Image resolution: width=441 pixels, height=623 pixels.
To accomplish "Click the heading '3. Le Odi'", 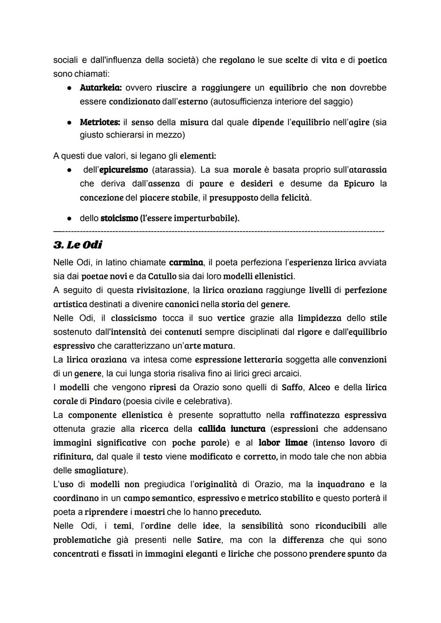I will [78, 245].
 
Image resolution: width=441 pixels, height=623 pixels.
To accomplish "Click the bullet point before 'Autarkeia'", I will [70, 88].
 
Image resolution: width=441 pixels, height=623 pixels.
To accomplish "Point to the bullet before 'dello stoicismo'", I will [70, 219].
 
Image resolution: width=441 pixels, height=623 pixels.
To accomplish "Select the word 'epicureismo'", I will [123, 170].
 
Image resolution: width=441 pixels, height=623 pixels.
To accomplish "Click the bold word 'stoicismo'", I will [119, 219].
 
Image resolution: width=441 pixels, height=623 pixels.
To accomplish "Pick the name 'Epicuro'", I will [359, 183].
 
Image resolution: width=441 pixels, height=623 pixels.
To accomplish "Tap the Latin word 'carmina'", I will [186, 262].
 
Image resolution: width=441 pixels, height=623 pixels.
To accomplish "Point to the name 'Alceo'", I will [319, 387].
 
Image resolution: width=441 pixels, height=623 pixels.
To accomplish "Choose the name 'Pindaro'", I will [105, 401].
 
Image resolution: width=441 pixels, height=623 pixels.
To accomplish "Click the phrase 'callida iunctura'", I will [232, 429].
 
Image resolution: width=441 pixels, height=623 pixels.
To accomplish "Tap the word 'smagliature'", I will [98, 471].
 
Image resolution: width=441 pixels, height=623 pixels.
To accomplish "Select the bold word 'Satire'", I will [209, 540].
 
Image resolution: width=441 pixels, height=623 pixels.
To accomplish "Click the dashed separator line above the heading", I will [218, 232].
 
